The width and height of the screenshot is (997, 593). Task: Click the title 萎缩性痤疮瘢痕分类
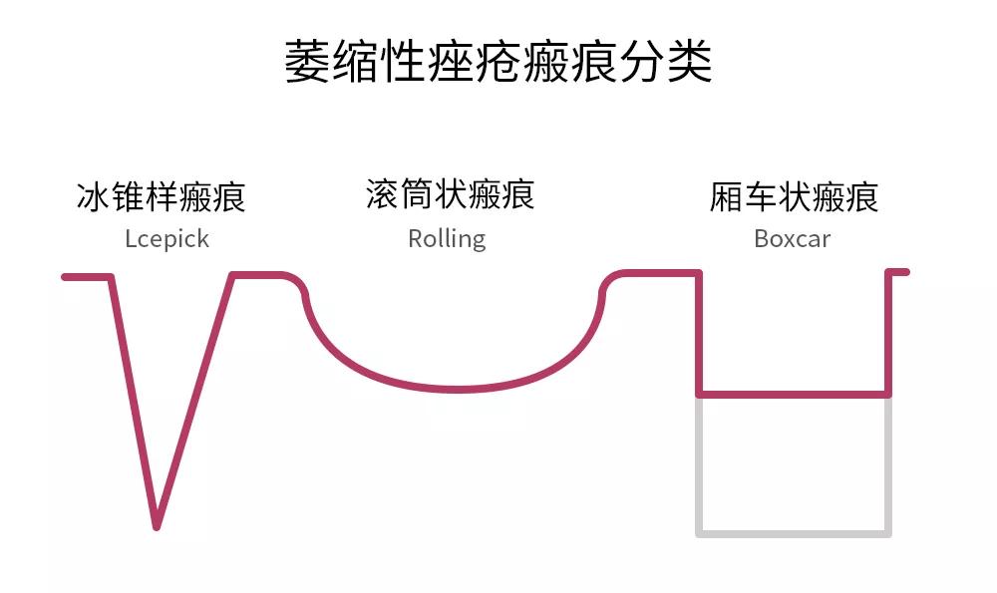[x=498, y=61]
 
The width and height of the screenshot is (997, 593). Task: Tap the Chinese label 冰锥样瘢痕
[x=161, y=196]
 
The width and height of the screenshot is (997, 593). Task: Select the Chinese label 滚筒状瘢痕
[x=451, y=194]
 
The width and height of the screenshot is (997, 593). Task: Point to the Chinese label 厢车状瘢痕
[x=795, y=196]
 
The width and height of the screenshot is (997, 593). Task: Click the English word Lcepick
[x=167, y=239]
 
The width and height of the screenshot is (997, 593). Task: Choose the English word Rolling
[x=447, y=239]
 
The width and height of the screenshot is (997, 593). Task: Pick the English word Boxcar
[x=793, y=239]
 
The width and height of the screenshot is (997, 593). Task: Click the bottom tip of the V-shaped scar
[x=157, y=526]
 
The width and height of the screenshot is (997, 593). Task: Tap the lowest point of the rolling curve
[x=457, y=389]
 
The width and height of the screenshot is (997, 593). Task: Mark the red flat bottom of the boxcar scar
[x=794, y=395]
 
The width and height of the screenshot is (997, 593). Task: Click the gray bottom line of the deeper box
[x=794, y=534]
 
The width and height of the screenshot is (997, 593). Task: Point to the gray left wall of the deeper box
[x=699, y=465]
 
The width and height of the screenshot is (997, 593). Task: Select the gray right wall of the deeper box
[x=888, y=465]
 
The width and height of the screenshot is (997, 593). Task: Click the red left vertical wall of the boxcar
[x=699, y=333]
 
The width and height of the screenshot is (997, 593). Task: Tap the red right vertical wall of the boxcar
[x=888, y=333]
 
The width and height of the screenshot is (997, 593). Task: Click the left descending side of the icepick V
[x=135, y=402]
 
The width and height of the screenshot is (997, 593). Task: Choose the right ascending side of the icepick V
[x=194, y=402]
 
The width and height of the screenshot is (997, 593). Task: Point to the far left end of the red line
[x=64, y=277]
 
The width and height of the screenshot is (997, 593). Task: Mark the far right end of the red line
[x=906, y=272]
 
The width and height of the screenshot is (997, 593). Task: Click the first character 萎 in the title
[x=307, y=61]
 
